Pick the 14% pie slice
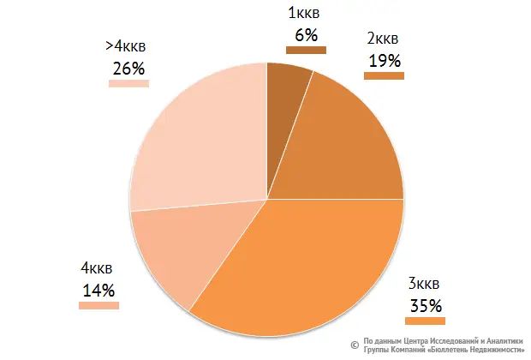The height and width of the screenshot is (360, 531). tap(176, 253)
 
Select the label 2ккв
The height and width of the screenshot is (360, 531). tap(383, 39)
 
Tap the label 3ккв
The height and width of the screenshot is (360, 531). tap(425, 284)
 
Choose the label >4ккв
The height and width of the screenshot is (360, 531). tap(128, 47)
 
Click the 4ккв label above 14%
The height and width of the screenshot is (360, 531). tap(98, 268)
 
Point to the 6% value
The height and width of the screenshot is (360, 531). tap(306, 34)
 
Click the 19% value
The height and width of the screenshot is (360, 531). tap(385, 60)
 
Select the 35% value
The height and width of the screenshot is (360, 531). tap(425, 305)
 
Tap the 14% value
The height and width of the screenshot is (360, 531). tap(98, 290)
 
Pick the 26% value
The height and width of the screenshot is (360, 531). tap(127, 69)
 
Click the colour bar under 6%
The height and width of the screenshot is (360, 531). tap(306, 50)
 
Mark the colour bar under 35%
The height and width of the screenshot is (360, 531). tap(425, 321)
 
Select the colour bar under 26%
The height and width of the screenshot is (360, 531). tap(128, 84)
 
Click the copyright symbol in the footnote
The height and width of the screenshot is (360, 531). tap(355, 341)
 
